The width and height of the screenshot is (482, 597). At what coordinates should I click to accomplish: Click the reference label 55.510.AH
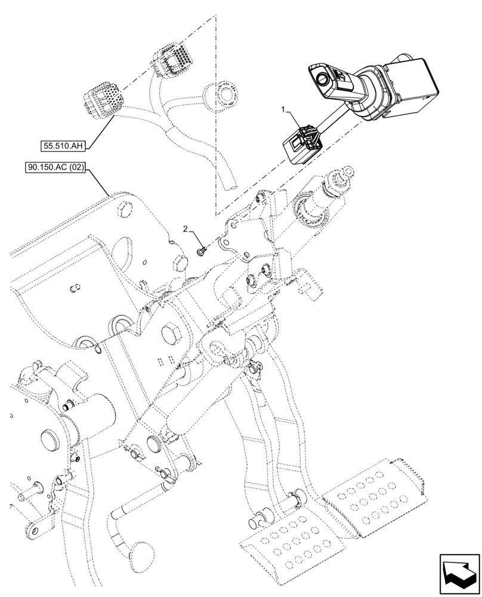(64, 145)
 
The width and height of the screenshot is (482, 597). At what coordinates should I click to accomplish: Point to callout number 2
(186, 229)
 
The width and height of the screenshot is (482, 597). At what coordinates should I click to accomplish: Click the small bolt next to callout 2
(202, 251)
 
